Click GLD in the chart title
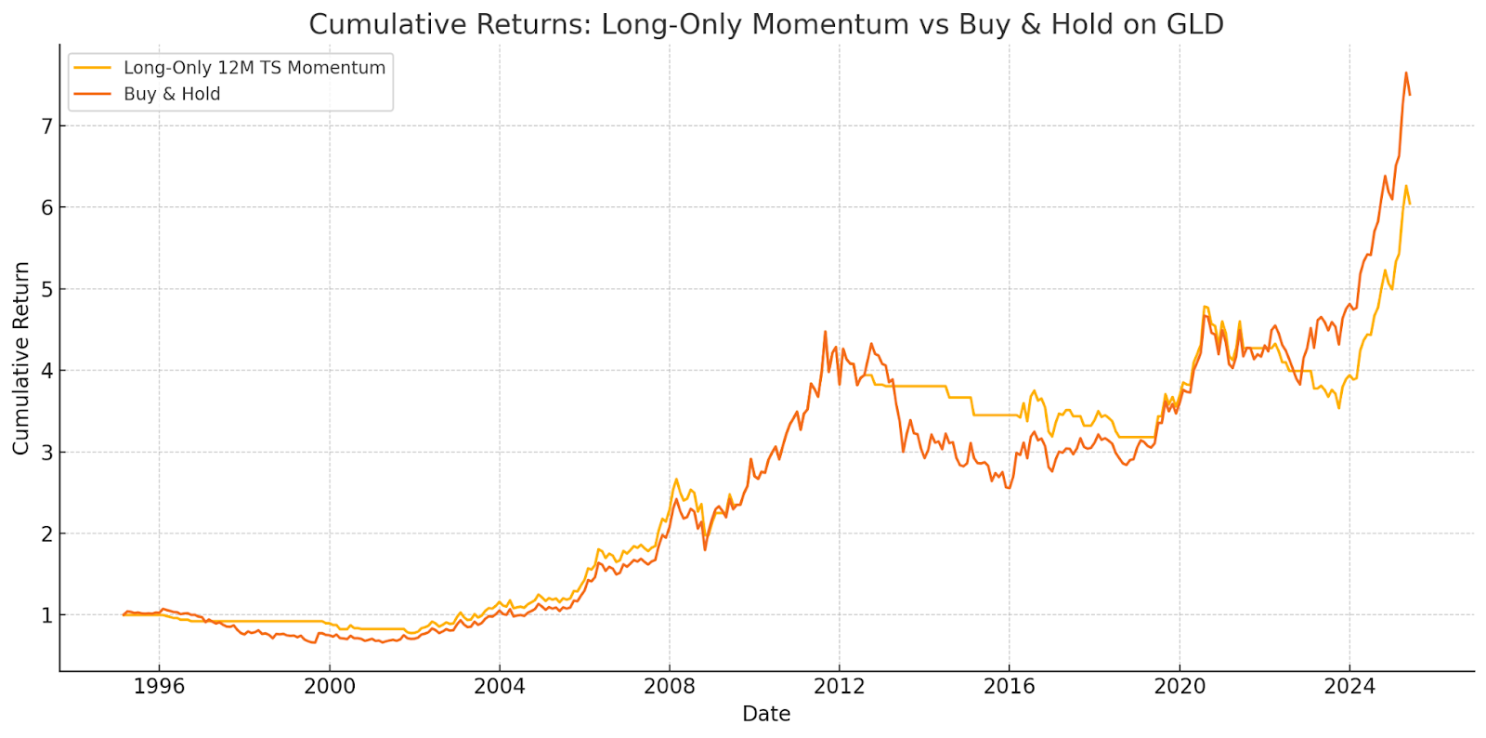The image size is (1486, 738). [1194, 24]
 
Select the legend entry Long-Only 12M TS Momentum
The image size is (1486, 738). [254, 68]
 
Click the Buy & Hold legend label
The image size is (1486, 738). [172, 94]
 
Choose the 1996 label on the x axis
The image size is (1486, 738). [159, 687]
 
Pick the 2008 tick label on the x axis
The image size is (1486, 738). [669, 687]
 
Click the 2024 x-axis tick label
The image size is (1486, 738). [1349, 687]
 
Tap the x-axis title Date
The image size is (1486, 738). [766, 714]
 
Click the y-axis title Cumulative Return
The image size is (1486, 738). [21, 358]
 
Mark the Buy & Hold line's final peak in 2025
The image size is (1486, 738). [1405, 72]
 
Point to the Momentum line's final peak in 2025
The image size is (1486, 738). [1405, 185]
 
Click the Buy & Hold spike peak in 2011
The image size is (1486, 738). [825, 331]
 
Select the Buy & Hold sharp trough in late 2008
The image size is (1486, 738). [705, 549]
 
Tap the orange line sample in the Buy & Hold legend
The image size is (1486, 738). [92, 94]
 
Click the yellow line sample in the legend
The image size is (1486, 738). [92, 68]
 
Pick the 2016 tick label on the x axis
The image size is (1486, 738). [1009, 687]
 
